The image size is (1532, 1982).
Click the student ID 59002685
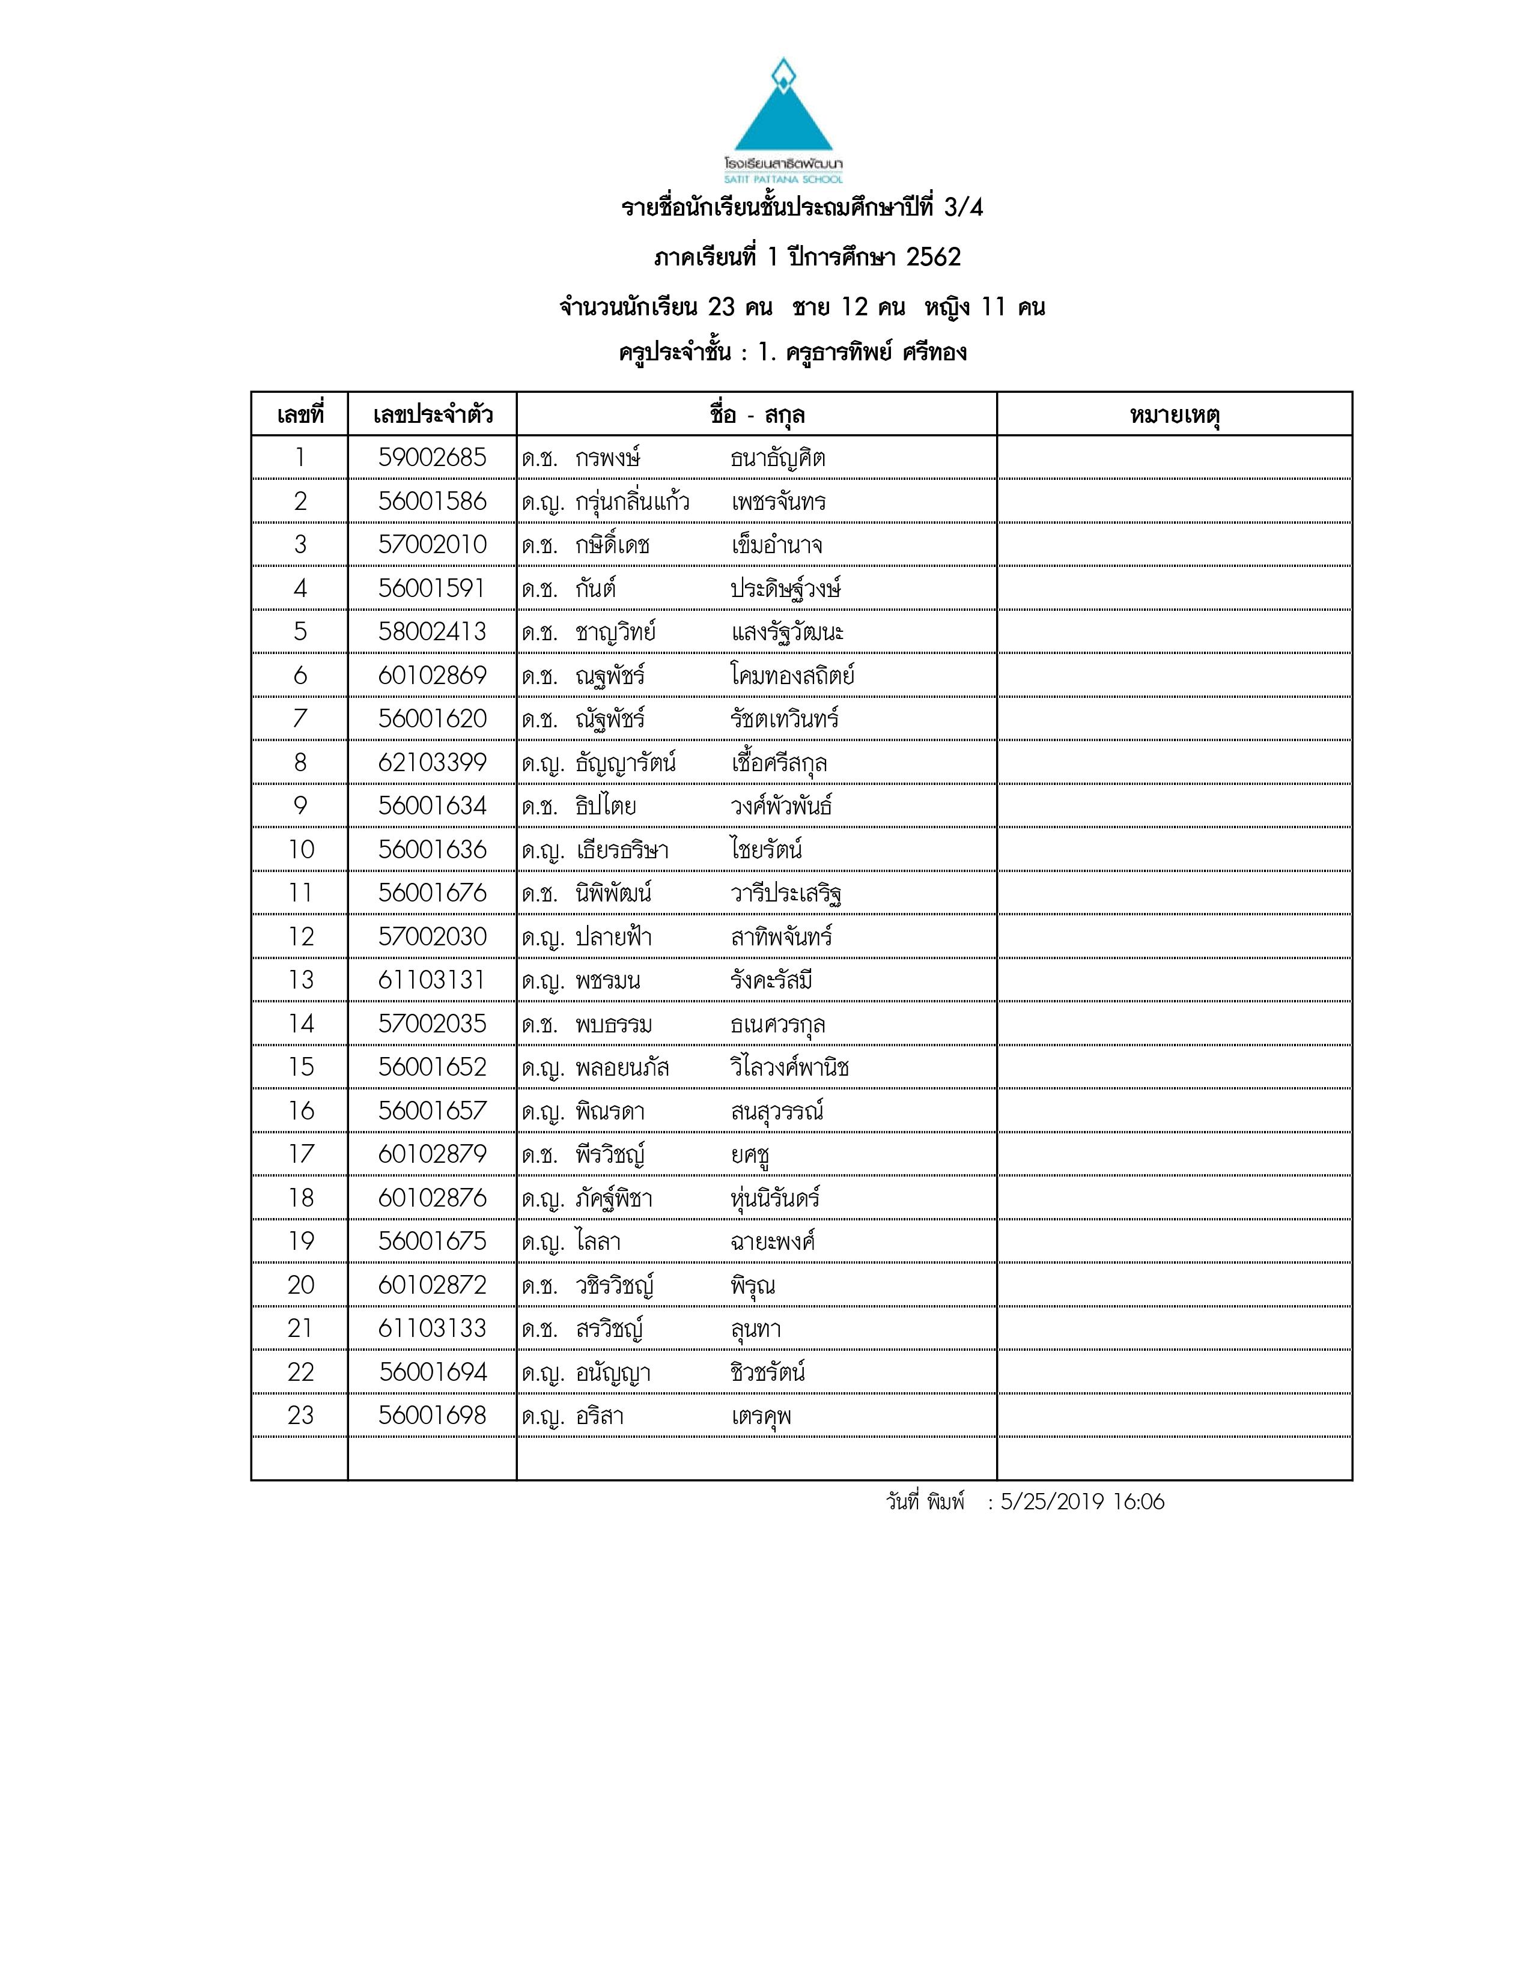click(432, 458)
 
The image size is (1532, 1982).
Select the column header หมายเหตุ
click(1175, 416)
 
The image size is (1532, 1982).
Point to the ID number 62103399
click(432, 762)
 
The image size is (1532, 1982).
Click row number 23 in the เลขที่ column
click(300, 1415)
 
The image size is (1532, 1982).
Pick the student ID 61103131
click(432, 980)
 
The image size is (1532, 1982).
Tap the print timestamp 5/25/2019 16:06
click(1082, 1502)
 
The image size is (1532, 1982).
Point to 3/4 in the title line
click(963, 208)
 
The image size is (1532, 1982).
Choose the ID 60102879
click(432, 1154)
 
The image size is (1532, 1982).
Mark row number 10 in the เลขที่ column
click(300, 849)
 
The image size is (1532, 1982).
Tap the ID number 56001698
click(432, 1415)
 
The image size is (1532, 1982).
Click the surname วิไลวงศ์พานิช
click(789, 1067)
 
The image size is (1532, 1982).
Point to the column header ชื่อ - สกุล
click(757, 416)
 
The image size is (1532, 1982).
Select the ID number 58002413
click(432, 632)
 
